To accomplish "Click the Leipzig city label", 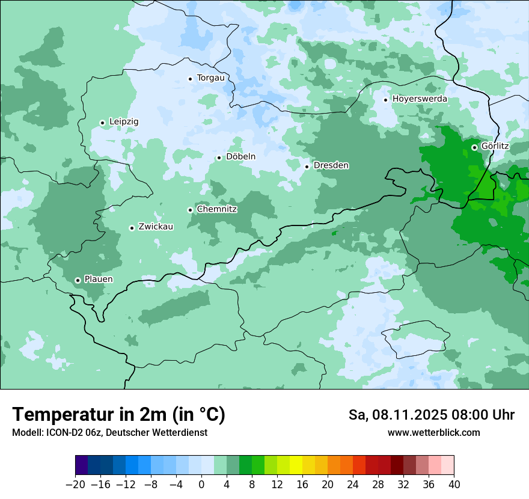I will [x=124, y=121].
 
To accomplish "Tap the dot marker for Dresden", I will [x=307, y=167].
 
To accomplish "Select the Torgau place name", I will [x=210, y=78].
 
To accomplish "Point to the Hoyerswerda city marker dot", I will [x=385, y=100].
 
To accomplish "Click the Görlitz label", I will [x=495, y=146].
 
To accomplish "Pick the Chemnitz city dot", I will [x=190, y=210].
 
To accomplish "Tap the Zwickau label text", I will [x=156, y=227].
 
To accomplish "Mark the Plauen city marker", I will [x=78, y=280].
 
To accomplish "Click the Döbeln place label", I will [x=240, y=156].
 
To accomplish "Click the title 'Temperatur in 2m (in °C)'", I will [x=118, y=414].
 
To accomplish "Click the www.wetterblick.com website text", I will [x=433, y=433].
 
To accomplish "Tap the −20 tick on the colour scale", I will [x=75, y=485].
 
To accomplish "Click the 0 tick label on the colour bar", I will [x=201, y=485].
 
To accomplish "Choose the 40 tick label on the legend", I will [x=454, y=485].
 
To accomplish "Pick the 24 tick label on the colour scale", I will [x=353, y=485].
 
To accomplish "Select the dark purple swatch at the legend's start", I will [x=81, y=465].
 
